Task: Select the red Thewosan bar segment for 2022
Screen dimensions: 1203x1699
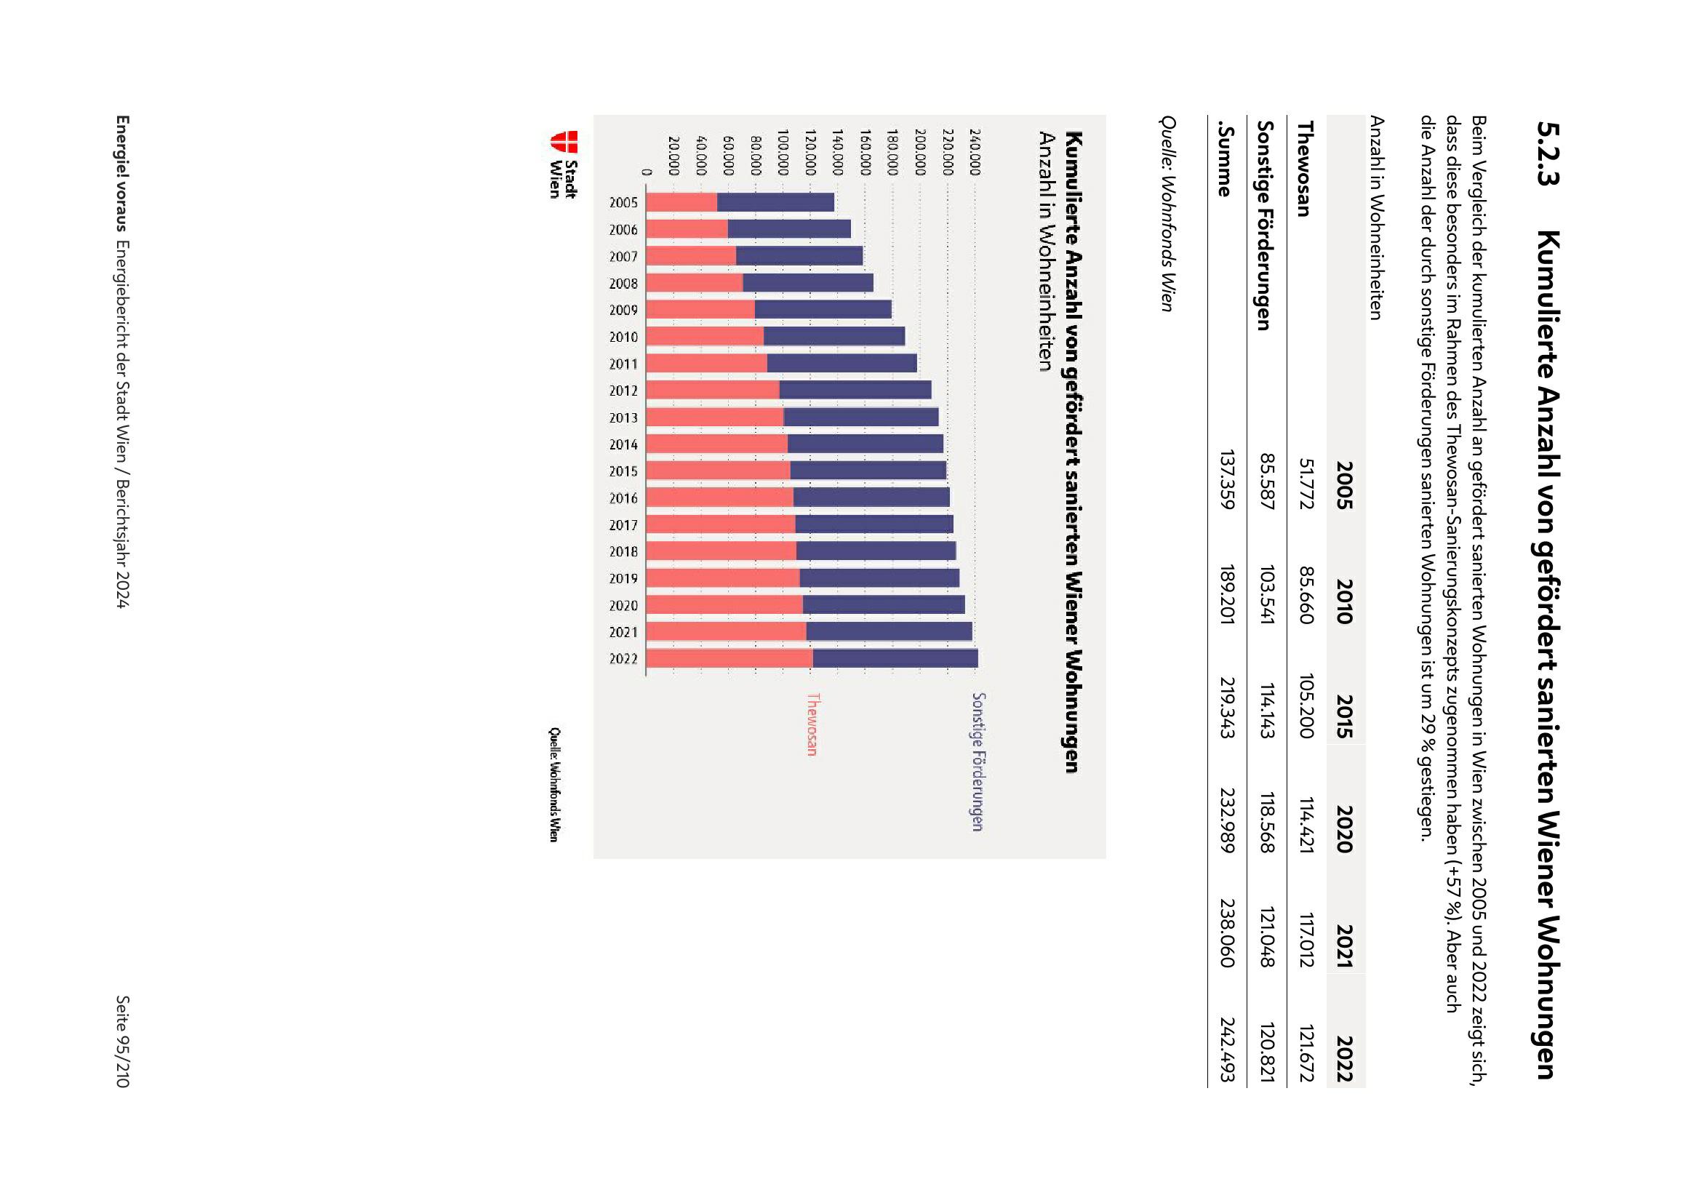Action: [729, 658]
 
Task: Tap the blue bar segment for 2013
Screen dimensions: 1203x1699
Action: [860, 417]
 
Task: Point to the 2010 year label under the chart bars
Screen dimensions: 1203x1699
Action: [623, 337]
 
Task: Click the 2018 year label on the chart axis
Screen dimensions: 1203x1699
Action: [623, 552]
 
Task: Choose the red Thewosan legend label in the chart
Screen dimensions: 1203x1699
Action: [812, 724]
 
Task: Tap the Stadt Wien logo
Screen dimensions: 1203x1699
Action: [564, 164]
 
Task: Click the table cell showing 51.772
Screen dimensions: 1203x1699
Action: [1306, 484]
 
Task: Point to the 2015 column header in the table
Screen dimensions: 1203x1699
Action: [1345, 716]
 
